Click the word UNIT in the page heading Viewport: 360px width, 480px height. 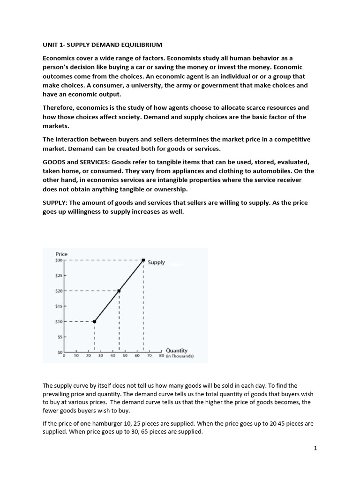[x=51, y=45]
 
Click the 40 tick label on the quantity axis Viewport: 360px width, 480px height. [x=112, y=356]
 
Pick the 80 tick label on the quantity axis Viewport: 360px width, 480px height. [x=161, y=356]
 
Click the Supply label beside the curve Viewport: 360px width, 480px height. [x=156, y=262]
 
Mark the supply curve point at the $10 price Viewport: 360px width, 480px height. [x=95, y=322]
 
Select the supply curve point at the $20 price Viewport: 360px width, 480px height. [x=119, y=291]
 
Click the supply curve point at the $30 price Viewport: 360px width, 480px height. [x=143, y=260]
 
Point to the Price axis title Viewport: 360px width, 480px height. [x=61, y=254]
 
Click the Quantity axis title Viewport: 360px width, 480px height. [x=177, y=350]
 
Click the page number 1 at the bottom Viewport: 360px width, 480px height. [x=315, y=449]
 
